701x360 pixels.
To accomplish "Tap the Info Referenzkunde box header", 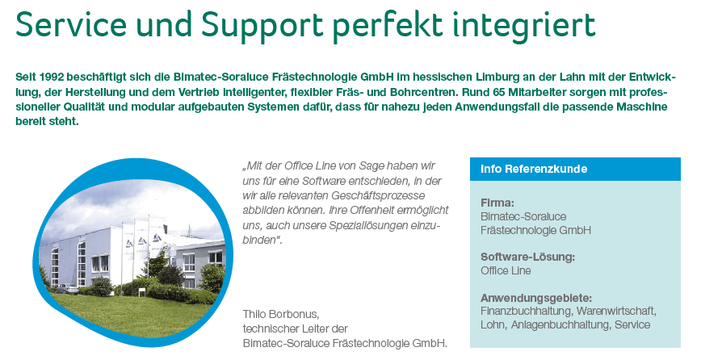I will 534,170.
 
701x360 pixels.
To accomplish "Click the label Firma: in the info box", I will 497,203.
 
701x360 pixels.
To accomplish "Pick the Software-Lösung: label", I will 527,257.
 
